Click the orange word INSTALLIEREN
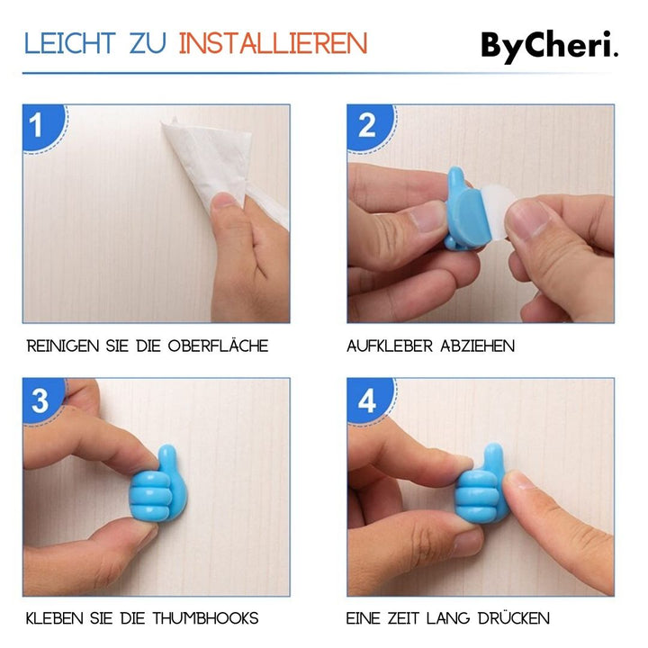pos(273,44)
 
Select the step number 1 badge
pos(37,125)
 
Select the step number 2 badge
pos(366,125)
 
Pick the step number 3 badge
pos(40,400)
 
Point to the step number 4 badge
pos(367,400)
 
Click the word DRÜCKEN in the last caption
pos(509,618)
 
